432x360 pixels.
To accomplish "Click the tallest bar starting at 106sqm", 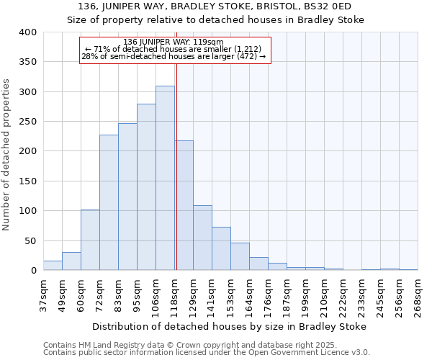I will [165, 178].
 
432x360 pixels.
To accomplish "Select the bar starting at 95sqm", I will [146, 187].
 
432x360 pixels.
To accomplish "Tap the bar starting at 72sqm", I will [109, 202].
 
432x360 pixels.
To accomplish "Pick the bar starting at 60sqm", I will [90, 240].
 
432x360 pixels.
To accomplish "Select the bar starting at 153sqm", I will [240, 256].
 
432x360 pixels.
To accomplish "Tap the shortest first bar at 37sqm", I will [53, 266].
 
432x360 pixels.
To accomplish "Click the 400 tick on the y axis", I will [27, 32].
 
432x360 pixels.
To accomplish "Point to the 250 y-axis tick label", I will [27, 122].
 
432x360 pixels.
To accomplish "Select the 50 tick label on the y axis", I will [30, 240].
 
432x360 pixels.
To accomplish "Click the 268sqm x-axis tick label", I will [418, 296].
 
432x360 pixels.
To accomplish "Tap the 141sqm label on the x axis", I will [212, 296].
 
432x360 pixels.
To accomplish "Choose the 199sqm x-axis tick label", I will [305, 296].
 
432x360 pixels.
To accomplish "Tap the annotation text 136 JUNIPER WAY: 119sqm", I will [174, 42].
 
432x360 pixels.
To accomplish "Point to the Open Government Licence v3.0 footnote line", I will [207, 352].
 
